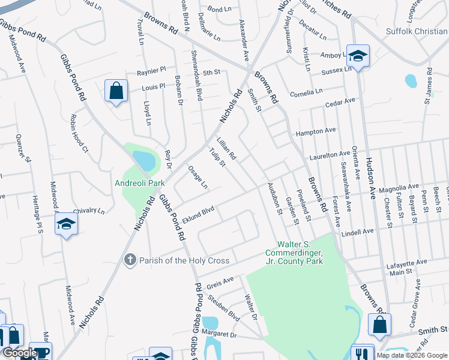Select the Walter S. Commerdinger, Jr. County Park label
(x=300, y=253)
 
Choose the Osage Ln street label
(x=197, y=176)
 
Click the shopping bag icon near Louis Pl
(x=116, y=91)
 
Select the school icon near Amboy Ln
(x=358, y=56)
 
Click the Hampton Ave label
(x=315, y=131)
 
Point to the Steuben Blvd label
(x=224, y=306)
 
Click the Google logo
(x=20, y=353)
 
